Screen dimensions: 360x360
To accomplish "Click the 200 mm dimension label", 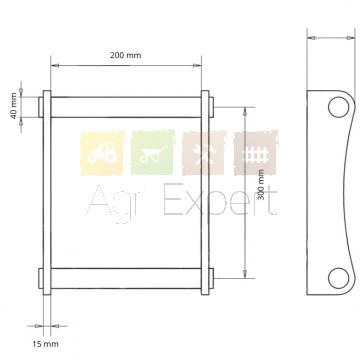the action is tap(126, 55).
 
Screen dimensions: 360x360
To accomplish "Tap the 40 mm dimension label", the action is tap(13, 106).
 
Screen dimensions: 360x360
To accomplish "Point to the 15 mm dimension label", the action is tap(45, 344).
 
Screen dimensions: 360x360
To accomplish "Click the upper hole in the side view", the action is tap(338, 107).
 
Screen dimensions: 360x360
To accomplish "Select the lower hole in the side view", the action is tap(338, 278).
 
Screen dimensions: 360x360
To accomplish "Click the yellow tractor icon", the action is tap(102, 153).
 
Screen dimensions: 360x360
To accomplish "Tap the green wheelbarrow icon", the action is tap(153, 152).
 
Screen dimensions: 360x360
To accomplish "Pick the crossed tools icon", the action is tap(204, 153).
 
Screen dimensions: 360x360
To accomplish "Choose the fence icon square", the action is tap(256, 153).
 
